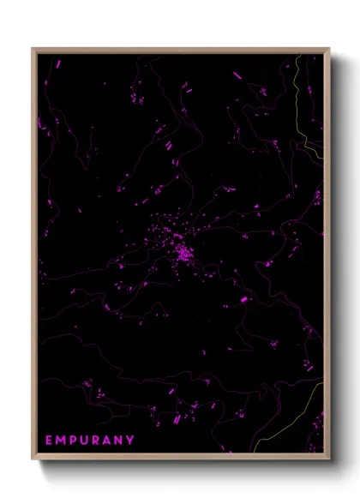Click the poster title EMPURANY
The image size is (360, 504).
point(90,441)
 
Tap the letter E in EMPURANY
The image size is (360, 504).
point(50,441)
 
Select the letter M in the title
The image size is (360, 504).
point(62,441)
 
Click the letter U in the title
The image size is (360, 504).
point(85,441)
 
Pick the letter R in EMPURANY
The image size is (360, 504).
point(97,441)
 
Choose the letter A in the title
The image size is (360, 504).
point(108,441)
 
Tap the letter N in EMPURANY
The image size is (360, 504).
point(120,441)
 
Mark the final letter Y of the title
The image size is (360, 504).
point(131,441)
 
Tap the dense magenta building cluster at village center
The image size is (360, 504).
point(183,252)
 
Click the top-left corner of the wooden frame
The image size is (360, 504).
point(33,49)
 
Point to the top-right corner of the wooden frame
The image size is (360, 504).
point(328,49)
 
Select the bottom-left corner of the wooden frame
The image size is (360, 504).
point(33,458)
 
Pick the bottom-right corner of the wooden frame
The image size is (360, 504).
point(328,458)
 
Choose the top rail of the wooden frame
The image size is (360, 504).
point(181,49)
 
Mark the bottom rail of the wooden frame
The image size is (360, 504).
point(181,458)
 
